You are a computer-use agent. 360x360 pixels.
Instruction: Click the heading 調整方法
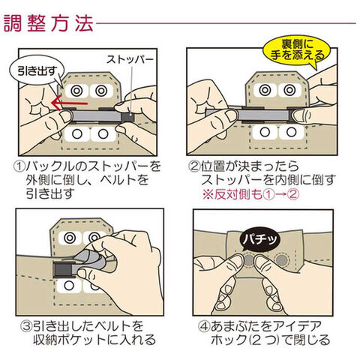tap(49, 24)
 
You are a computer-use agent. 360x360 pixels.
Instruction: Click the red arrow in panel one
tap(69, 103)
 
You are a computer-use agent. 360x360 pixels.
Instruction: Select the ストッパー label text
tap(130, 60)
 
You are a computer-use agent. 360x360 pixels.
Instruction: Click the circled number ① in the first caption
tap(19, 166)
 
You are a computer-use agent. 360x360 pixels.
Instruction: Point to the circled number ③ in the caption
tap(27, 325)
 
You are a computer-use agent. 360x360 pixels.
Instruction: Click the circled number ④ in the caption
tap(204, 326)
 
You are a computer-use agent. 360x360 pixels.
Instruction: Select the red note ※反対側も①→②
tap(250, 194)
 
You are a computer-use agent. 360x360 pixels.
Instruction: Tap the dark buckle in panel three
tap(64, 269)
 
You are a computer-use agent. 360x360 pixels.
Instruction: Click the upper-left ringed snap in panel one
tap(76, 91)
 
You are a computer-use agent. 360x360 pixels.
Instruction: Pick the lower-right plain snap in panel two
tap(290, 132)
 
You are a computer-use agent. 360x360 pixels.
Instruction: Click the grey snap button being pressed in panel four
tap(249, 260)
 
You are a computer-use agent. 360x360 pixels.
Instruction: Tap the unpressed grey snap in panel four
tap(281, 259)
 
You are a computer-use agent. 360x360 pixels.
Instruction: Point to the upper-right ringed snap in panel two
tap(289, 90)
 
